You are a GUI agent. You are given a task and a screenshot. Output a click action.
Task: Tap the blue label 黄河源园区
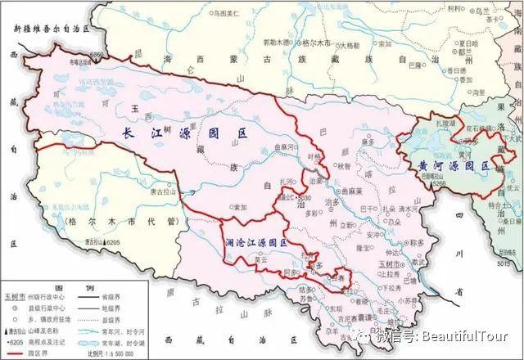[449, 166]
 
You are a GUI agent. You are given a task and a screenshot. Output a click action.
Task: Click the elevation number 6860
[98, 54]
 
